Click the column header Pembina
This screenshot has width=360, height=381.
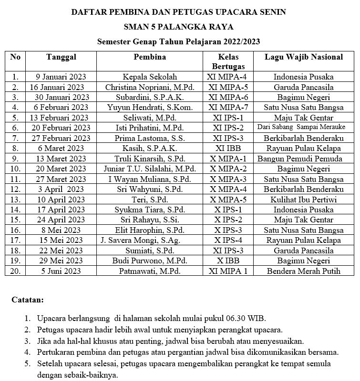pyautogui.click(x=150, y=57)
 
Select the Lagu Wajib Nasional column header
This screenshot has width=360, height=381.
pyautogui.click(x=304, y=57)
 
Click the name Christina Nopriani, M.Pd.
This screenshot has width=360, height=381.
pyautogui.click(x=150, y=87)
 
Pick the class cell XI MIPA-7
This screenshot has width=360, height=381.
pyautogui.click(x=228, y=107)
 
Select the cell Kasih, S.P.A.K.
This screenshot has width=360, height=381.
pyautogui.click(x=150, y=148)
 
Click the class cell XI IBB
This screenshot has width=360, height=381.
pyautogui.click(x=228, y=148)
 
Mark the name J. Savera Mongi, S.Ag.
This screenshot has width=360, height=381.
pyautogui.click(x=150, y=240)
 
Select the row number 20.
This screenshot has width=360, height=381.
pyautogui.click(x=15, y=271)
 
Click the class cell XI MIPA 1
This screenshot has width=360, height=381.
pyautogui.click(x=228, y=271)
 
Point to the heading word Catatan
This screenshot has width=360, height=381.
pyautogui.click(x=27, y=300)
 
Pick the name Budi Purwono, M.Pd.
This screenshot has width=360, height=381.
pyautogui.click(x=150, y=261)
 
